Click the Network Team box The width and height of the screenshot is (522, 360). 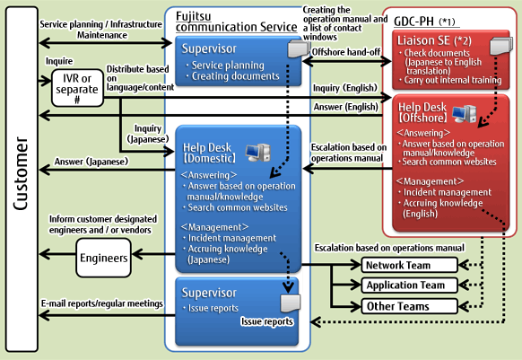coord(410,265)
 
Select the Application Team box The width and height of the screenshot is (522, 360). coord(410,285)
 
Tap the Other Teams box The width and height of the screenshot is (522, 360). coord(410,306)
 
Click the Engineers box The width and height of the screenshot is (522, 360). coord(103,258)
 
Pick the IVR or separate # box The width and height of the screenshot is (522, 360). coord(77,88)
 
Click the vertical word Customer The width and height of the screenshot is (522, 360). coord(21,173)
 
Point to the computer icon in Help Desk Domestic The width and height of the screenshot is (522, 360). coord(258,153)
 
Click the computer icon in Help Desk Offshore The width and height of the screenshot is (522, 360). coord(465,114)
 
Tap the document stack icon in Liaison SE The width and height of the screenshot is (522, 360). coord(501,46)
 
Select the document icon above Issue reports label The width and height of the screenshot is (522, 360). coord(291,303)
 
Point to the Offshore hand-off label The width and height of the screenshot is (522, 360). coord(346,52)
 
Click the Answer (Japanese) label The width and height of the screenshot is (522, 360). coord(91,162)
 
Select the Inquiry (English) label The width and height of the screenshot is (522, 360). coord(345,88)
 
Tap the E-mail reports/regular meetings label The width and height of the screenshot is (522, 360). coord(102,303)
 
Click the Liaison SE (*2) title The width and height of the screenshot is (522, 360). coord(434,40)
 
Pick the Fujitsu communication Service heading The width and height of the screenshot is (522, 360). coord(237,22)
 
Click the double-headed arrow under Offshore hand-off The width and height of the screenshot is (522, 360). coord(347,61)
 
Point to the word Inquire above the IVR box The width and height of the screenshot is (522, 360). coord(59,61)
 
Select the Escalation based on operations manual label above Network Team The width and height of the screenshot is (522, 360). coord(389,248)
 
